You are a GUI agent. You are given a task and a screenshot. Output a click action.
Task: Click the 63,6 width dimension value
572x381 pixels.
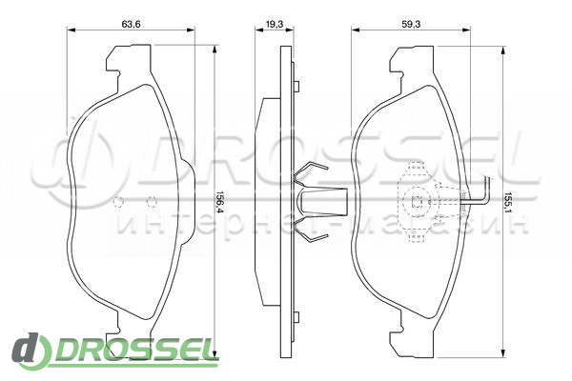131,24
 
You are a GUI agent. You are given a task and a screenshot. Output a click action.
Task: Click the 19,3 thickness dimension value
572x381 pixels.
275,24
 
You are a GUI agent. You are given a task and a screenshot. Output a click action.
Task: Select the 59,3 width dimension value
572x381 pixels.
411,24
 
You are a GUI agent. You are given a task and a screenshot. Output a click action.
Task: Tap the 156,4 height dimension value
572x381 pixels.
219,203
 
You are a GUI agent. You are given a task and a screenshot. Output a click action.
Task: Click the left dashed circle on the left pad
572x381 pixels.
118,202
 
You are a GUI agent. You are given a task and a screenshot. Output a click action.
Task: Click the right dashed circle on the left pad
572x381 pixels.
152,202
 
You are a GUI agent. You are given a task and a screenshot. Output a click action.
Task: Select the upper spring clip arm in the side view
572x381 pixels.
310,171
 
